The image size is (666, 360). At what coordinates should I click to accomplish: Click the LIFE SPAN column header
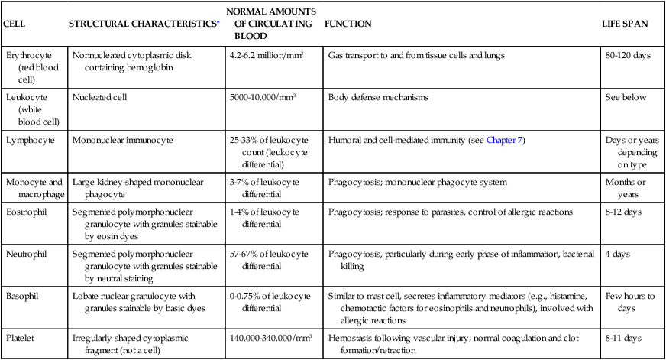pos(625,24)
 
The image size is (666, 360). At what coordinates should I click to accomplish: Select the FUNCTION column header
pos(348,24)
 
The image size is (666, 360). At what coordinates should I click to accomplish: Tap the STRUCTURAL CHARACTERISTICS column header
pos(143,24)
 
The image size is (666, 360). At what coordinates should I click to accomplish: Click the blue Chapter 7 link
pos(504,140)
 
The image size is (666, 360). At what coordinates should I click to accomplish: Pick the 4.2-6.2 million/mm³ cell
pos(261,56)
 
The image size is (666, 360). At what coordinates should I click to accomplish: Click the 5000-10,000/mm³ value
pos(262,98)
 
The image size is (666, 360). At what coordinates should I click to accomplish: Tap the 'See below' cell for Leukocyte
pos(626,98)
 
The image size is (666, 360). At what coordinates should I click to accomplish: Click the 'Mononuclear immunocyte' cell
pos(122,140)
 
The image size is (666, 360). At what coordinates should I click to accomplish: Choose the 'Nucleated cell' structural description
pos(100,98)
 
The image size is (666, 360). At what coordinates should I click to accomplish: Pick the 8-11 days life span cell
pos(623,336)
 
